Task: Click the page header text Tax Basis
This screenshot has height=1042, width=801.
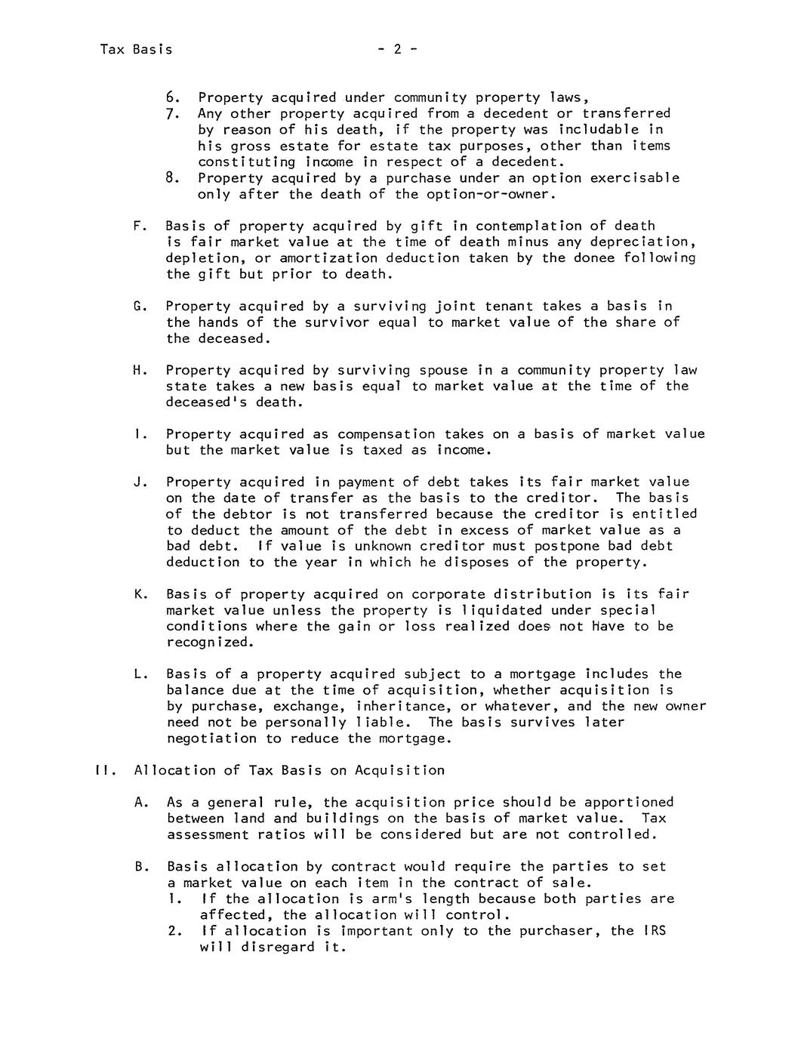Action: click(x=136, y=50)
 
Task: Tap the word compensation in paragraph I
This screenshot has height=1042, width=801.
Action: click(x=386, y=434)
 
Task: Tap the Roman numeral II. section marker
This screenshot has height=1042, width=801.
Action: click(x=103, y=770)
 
